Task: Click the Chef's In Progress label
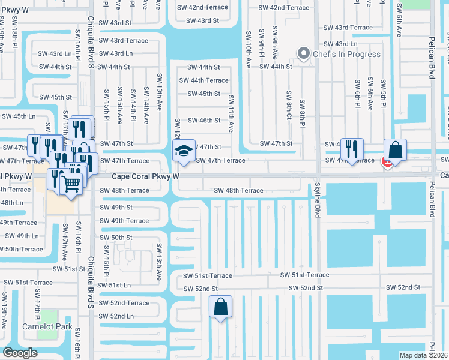click(347, 54)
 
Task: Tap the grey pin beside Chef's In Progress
click(304, 54)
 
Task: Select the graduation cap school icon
click(184, 150)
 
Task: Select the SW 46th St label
click(204, 121)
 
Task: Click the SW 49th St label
click(116, 208)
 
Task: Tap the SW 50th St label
click(116, 238)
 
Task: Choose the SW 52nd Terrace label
click(125, 303)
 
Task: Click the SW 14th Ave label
click(146, 102)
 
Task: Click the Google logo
click(20, 353)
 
